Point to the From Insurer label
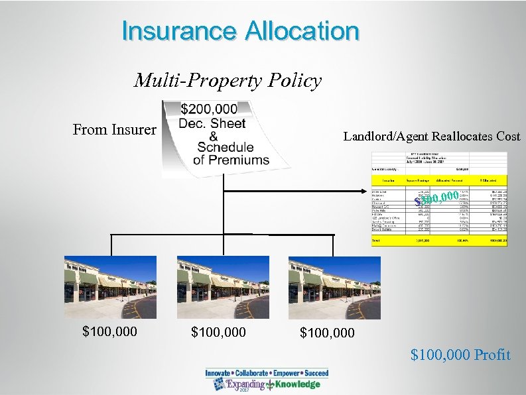pyautogui.click(x=114, y=129)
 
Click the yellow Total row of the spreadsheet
pyautogui.click(x=439, y=240)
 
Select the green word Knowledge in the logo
pyautogui.click(x=297, y=384)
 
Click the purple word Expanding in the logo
pyautogui.click(x=245, y=384)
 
